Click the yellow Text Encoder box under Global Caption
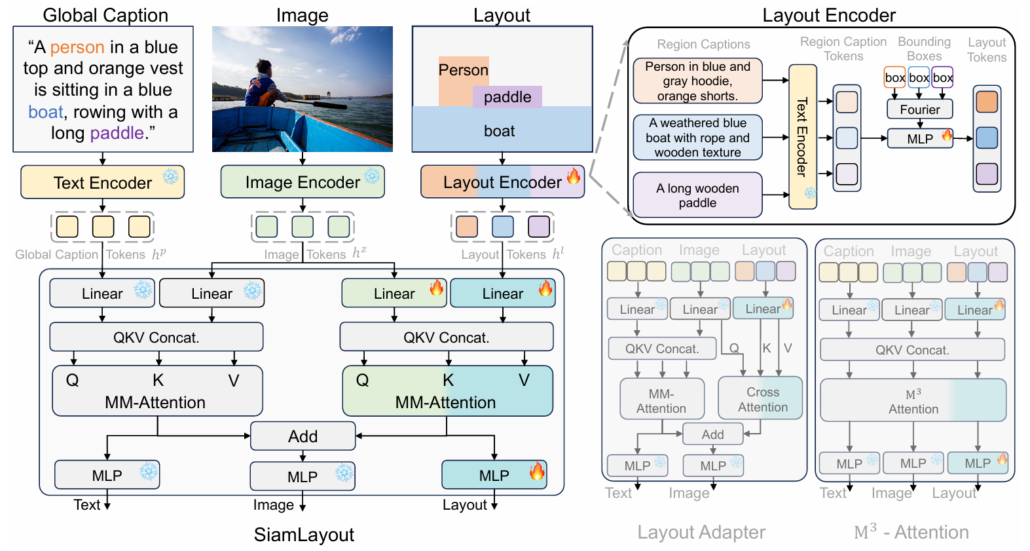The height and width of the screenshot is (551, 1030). click(x=102, y=182)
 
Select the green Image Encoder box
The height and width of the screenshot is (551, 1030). click(x=302, y=182)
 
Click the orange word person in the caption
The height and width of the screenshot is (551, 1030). click(x=77, y=47)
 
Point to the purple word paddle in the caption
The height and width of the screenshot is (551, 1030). click(x=117, y=133)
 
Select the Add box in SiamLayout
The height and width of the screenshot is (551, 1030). click(x=303, y=436)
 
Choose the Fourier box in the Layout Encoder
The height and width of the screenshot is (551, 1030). click(x=919, y=109)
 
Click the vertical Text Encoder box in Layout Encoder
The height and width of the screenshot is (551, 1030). click(x=802, y=137)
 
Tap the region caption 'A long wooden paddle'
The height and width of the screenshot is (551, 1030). click(x=697, y=195)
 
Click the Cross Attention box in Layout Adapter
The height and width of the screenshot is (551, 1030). click(x=762, y=399)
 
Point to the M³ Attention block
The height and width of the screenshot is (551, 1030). click(x=913, y=401)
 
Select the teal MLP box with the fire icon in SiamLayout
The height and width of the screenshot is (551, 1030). click(x=494, y=475)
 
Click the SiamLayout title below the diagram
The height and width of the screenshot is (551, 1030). click(x=304, y=535)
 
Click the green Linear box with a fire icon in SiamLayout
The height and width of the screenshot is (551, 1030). click(x=394, y=294)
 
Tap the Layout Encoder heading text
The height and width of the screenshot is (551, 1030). click(x=828, y=15)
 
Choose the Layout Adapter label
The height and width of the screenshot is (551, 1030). click(x=701, y=532)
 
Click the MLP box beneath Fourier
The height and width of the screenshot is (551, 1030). click(x=919, y=139)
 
